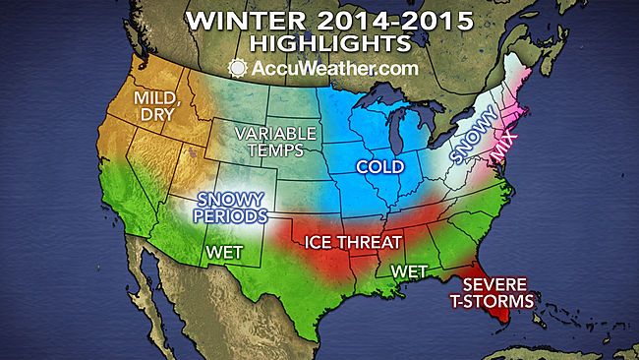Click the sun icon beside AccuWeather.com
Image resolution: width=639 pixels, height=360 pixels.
(x=236, y=69)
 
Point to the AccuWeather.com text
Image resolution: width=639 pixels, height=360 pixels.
(x=329, y=69)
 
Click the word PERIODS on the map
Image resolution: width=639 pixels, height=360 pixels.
(x=234, y=216)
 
